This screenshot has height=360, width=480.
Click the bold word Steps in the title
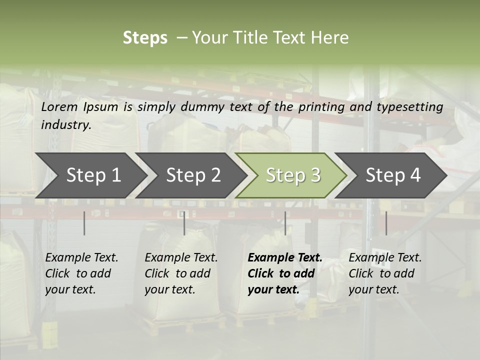(x=145, y=38)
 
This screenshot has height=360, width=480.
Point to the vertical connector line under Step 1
(x=84, y=223)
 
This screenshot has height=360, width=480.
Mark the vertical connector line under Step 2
(x=184, y=223)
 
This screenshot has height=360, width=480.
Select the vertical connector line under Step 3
(x=285, y=223)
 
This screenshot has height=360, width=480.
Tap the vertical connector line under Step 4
(x=386, y=223)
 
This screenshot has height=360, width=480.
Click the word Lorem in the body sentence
(x=59, y=107)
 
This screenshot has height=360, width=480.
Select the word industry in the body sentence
(x=66, y=125)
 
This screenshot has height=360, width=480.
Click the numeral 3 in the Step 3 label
(x=315, y=175)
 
